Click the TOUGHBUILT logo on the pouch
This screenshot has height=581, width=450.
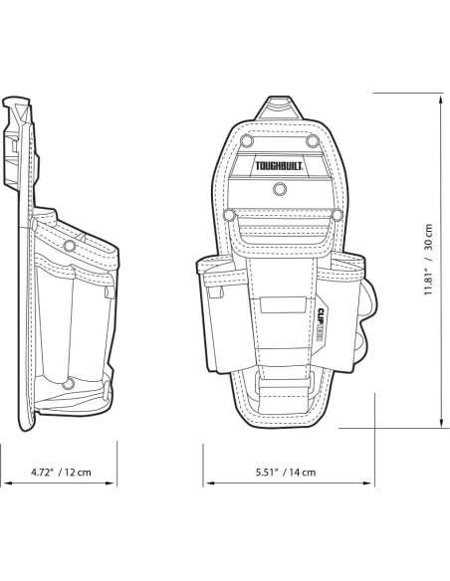(x=279, y=165)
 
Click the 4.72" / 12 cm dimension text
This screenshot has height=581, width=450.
(x=61, y=472)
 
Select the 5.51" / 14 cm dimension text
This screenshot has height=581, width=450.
(x=286, y=472)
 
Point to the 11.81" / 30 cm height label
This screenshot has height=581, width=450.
(x=428, y=259)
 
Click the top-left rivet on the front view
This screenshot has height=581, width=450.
(x=246, y=141)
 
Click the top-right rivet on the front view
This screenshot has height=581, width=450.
(x=313, y=141)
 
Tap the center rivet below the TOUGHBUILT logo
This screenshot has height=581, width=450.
(x=280, y=189)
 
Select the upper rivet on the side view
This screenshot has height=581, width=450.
(x=69, y=246)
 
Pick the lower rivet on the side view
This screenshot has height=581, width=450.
(x=68, y=384)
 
